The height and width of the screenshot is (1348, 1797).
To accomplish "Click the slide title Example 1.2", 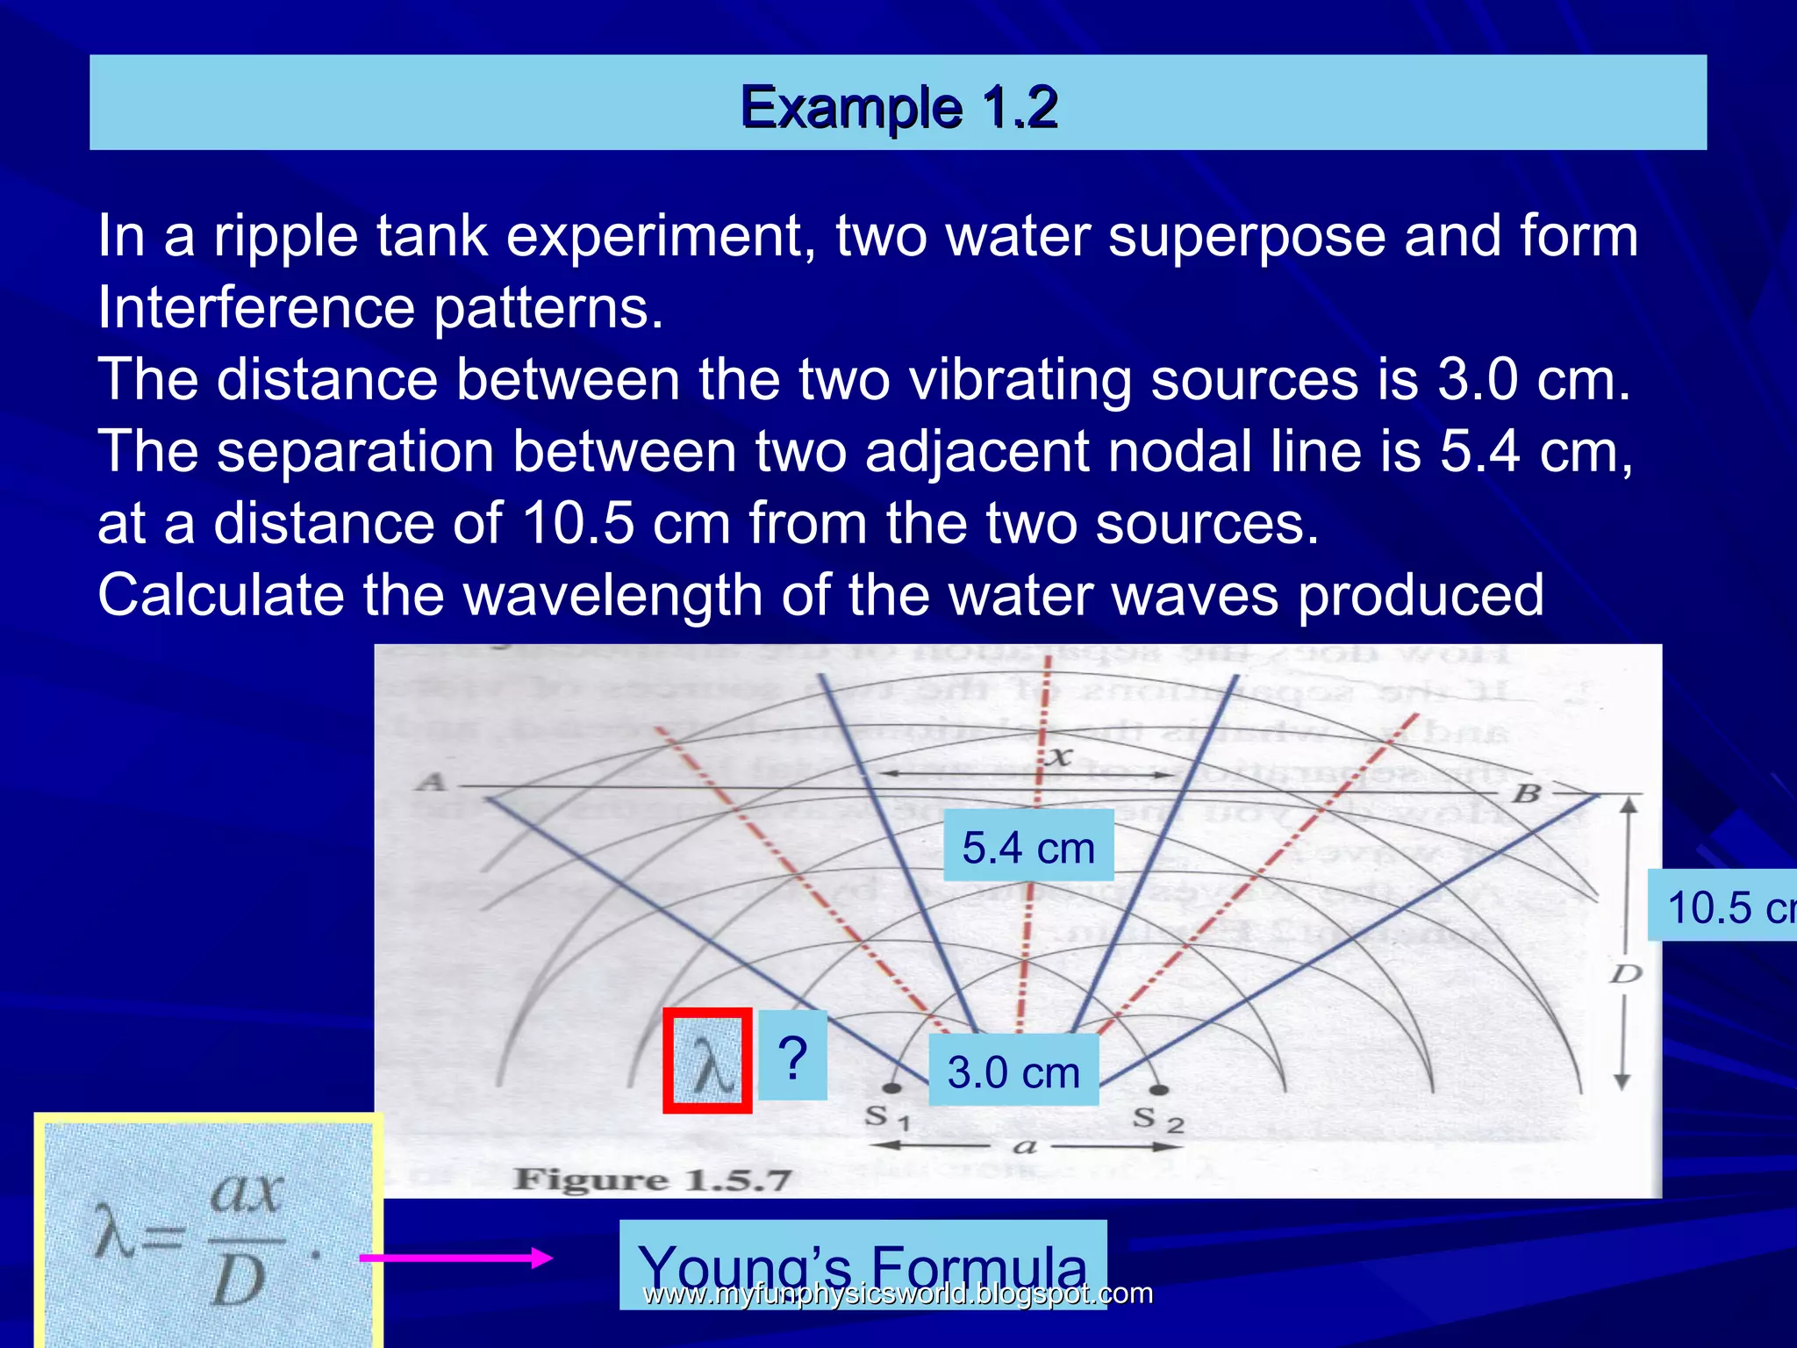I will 898,107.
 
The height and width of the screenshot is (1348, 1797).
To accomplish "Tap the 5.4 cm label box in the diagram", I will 1028,847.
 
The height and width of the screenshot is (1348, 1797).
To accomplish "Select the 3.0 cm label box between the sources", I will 1013,1072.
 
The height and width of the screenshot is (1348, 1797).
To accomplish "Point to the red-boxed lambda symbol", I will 707,1061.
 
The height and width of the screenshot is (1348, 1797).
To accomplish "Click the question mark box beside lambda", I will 792,1056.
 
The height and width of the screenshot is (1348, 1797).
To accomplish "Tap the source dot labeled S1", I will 891,1089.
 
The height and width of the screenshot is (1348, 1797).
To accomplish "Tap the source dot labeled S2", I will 1159,1091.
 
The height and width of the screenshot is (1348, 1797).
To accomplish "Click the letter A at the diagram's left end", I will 431,782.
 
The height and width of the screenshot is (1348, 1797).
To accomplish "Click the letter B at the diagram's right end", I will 1527,793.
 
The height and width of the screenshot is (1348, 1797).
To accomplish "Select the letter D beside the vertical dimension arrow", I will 1625,973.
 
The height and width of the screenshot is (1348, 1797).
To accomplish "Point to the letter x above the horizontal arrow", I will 1060,756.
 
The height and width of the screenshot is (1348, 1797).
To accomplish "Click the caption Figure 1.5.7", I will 652,1179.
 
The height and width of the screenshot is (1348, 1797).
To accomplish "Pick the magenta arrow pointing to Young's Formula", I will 455,1258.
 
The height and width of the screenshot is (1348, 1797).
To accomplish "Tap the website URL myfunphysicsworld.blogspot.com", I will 898,1294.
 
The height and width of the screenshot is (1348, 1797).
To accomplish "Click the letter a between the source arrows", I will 1024,1146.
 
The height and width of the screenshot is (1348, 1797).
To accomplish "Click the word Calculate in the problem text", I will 220,595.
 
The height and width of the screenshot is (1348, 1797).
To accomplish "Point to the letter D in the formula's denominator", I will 238,1282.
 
